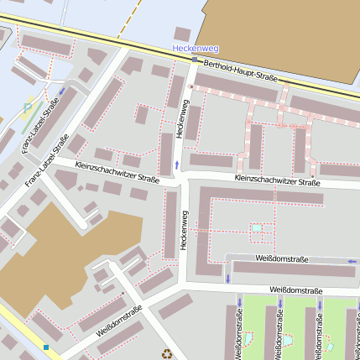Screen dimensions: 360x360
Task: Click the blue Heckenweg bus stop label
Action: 194,49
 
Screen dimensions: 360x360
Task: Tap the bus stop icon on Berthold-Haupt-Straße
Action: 195,60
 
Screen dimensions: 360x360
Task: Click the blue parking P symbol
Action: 28,107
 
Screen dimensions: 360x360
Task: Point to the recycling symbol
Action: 167,353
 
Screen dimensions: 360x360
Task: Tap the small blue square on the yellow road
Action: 46,347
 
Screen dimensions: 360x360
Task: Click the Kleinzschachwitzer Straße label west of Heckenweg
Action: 117,172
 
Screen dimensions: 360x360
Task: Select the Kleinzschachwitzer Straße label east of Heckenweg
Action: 278,181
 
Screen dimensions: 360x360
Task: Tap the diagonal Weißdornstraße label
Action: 119,320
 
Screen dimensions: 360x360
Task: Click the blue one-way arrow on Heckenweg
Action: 176,165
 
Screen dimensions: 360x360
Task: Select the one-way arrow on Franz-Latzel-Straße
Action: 62,91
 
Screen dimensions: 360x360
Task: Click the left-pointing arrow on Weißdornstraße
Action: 352,262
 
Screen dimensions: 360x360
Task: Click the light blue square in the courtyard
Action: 257,228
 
